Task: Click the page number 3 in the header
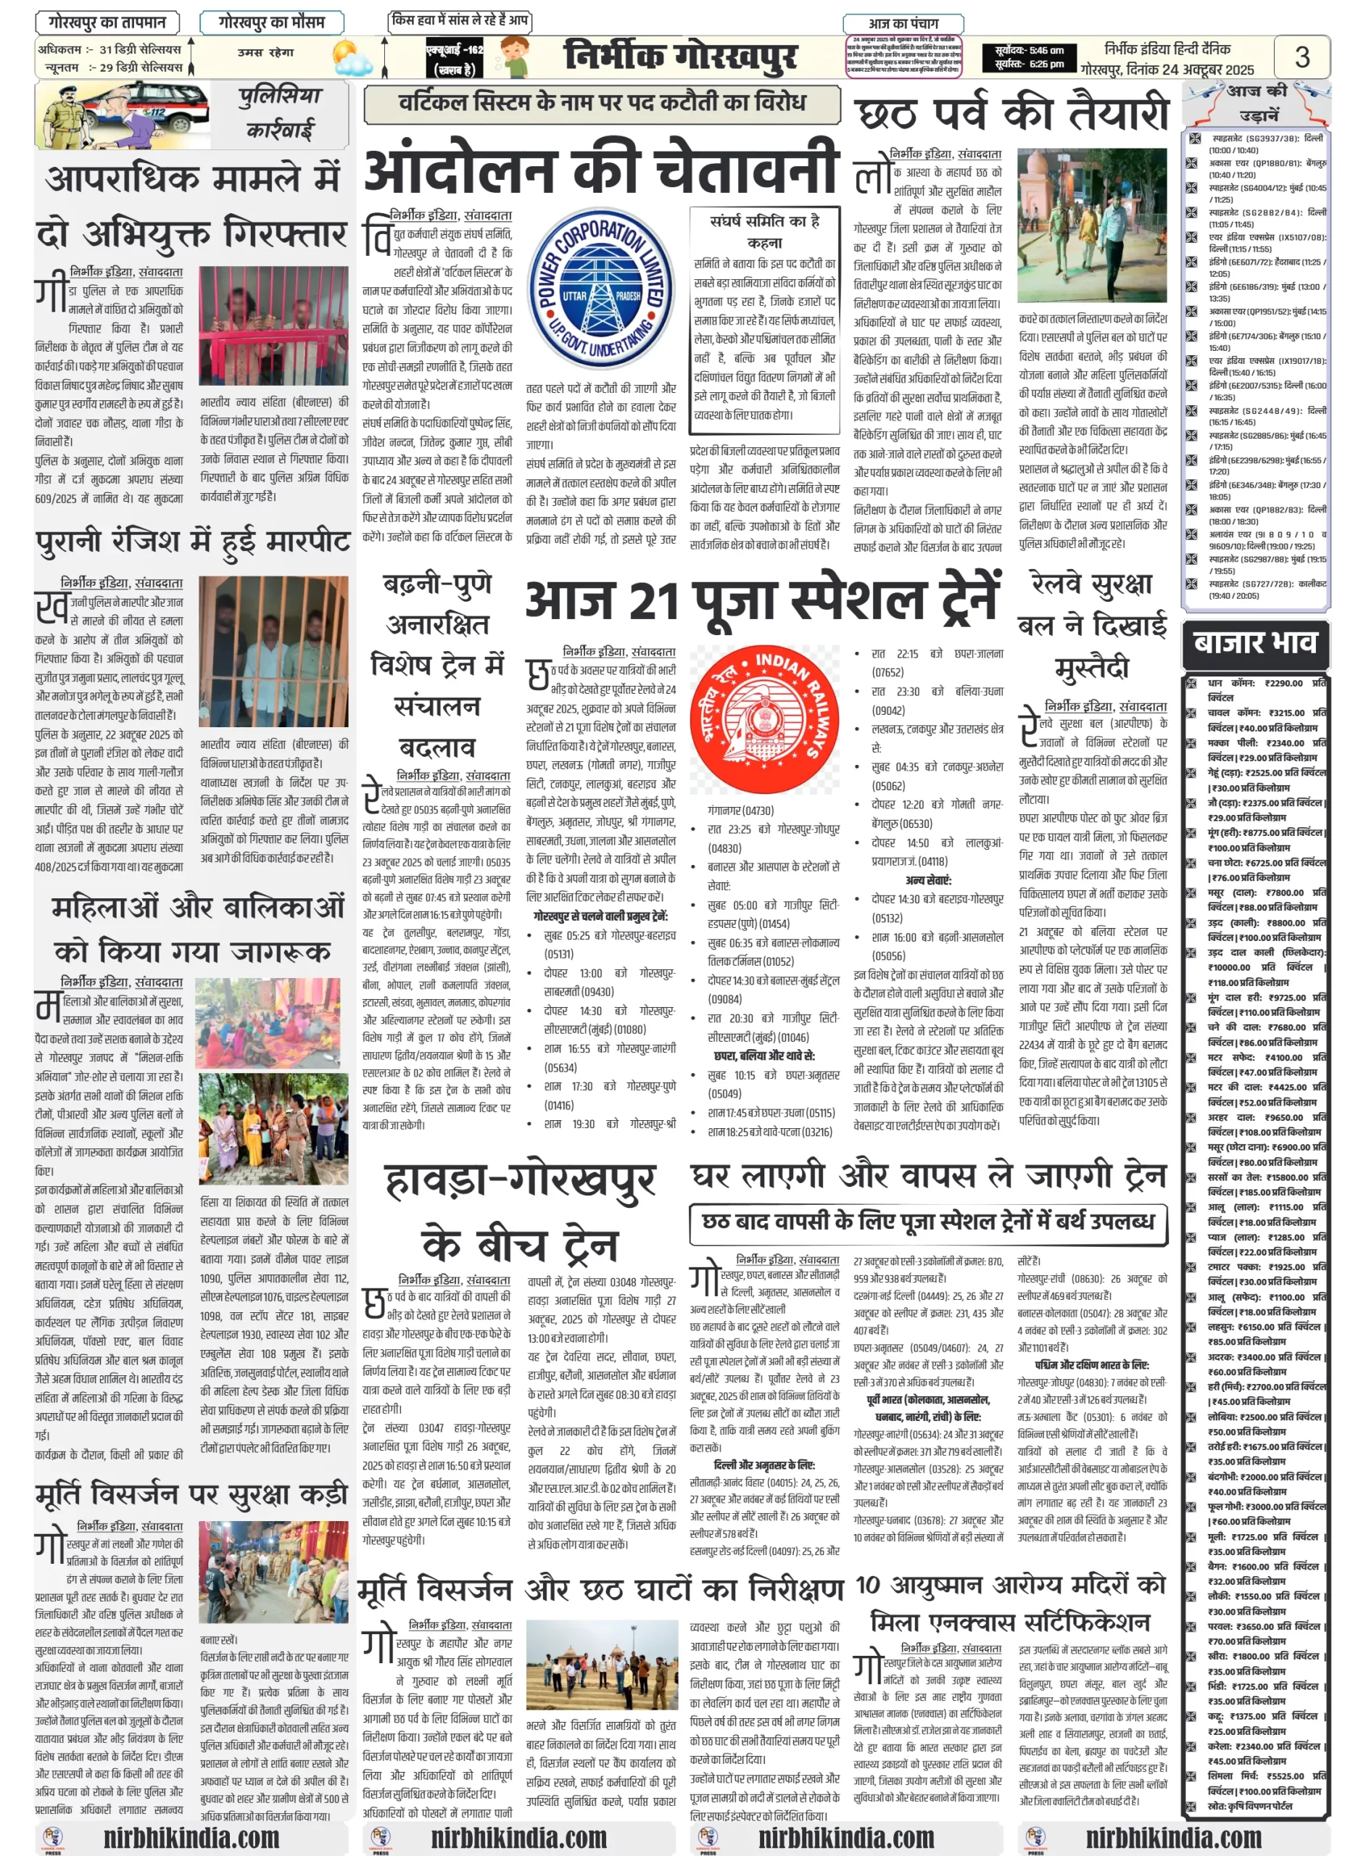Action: point(1301,57)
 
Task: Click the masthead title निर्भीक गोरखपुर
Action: point(679,57)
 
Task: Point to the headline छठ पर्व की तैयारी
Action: point(1011,114)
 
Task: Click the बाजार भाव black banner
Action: point(1254,642)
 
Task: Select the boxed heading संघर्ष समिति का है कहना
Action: point(764,231)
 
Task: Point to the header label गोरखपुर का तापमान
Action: point(107,22)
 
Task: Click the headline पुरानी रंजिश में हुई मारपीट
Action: point(193,542)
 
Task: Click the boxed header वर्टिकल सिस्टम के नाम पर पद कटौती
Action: point(601,102)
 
